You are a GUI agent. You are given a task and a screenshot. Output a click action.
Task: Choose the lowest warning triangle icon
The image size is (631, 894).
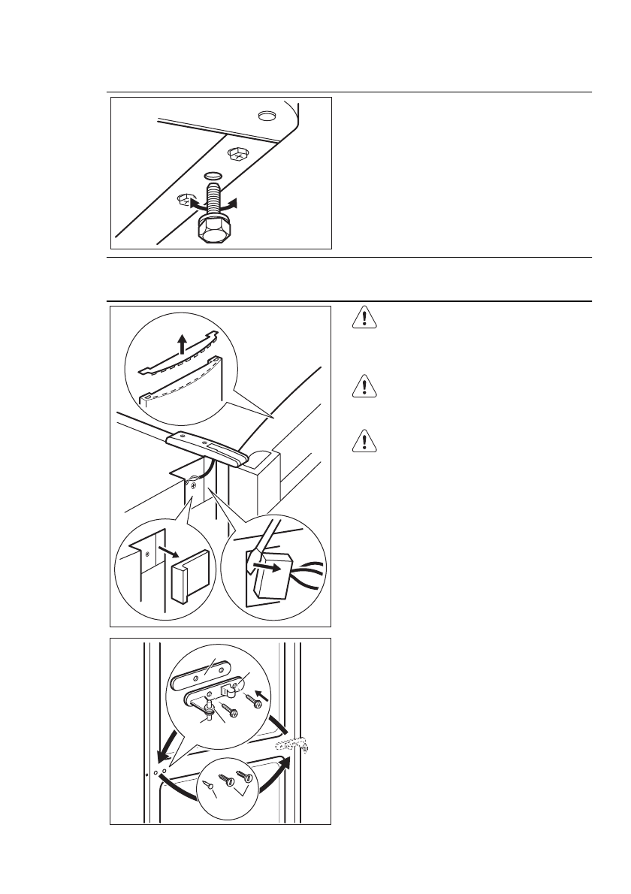click(364, 442)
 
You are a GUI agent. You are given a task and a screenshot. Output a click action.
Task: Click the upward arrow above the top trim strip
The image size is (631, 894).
click(180, 345)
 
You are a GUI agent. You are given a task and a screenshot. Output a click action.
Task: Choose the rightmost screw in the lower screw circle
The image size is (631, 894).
click(246, 775)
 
